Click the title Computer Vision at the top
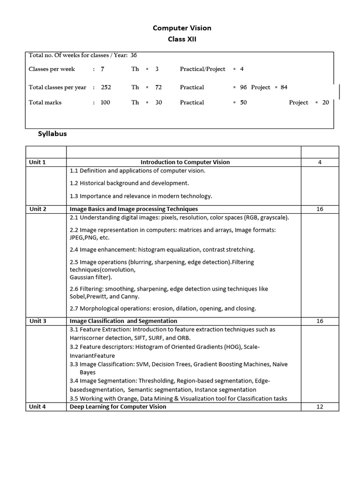182,28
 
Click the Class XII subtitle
182,39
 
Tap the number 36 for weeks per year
134,55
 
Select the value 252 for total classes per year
106,87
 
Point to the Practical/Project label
202,69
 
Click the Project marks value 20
325,102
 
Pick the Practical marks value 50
243,102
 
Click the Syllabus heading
52,134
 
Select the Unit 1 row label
37,162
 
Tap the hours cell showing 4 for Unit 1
320,162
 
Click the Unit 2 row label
37,209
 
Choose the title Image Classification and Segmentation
123,321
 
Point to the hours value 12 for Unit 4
320,407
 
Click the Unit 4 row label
37,407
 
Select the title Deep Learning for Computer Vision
118,407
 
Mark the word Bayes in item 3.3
88,372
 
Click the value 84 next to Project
284,87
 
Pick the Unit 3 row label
37,321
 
